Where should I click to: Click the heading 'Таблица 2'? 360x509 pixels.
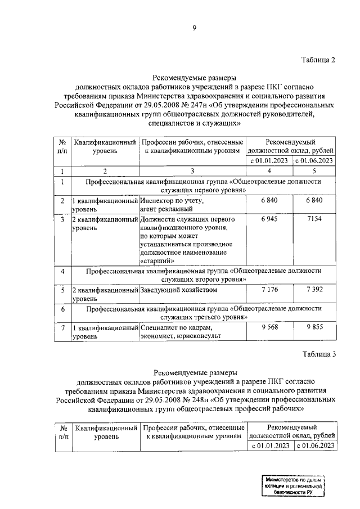click(318, 61)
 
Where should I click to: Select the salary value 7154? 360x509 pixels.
click(314, 219)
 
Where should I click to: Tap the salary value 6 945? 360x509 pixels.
click(270, 219)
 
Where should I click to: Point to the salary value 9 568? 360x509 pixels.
click(270, 327)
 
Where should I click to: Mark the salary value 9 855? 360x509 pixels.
click(314, 327)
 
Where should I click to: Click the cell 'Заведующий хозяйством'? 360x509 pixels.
click(178, 291)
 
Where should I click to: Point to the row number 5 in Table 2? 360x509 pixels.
click(62, 291)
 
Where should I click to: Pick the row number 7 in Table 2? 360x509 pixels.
click(62, 328)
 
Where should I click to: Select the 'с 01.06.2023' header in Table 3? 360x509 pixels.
click(314, 446)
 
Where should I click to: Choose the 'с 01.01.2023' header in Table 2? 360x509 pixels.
click(270, 161)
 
